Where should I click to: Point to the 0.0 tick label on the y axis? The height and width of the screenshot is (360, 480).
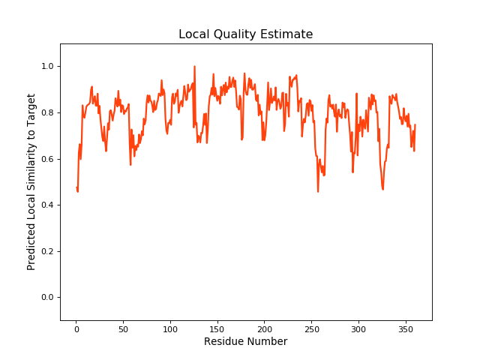click(x=47, y=298)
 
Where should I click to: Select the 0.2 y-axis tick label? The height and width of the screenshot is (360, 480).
click(x=47, y=251)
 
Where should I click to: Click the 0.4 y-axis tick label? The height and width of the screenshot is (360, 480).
click(x=47, y=205)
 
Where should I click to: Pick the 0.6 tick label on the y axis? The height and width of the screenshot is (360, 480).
click(x=47, y=159)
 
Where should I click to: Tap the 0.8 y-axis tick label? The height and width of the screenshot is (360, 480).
click(x=47, y=112)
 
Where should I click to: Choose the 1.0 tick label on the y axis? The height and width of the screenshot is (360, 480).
click(x=47, y=67)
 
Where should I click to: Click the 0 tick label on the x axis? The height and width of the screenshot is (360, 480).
click(x=76, y=328)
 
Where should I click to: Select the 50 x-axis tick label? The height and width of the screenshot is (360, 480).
click(x=123, y=328)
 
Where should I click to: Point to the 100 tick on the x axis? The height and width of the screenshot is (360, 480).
click(x=170, y=328)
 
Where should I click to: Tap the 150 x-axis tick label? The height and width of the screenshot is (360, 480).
click(x=217, y=328)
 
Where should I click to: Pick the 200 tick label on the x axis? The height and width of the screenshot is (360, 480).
click(x=264, y=328)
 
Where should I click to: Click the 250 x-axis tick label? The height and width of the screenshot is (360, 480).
click(x=311, y=328)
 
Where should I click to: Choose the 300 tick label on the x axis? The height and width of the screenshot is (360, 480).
click(x=358, y=328)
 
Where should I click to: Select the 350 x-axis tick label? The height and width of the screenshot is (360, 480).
click(x=405, y=328)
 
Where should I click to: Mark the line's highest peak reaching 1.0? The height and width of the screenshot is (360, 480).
click(x=194, y=67)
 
